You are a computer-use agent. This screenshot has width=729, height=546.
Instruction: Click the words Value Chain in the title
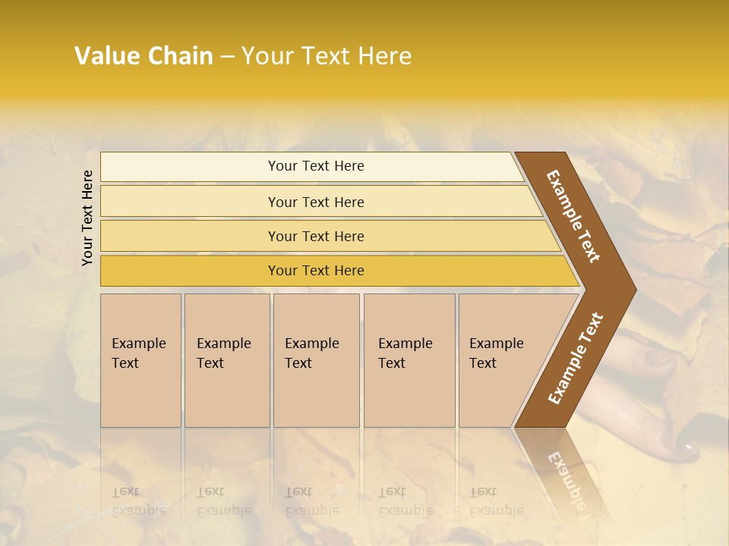point(144,56)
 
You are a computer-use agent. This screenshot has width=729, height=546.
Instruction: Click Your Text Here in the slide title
point(327,56)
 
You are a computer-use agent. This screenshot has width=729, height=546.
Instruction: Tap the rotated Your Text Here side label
point(87,218)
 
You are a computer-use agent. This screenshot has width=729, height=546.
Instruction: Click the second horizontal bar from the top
point(316,202)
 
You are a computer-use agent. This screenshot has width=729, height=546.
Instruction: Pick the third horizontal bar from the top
point(316,237)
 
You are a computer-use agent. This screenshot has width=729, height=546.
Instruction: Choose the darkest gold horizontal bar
point(316,271)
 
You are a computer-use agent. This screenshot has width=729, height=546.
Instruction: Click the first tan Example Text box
point(140,360)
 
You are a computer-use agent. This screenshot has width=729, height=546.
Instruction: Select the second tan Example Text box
point(226,360)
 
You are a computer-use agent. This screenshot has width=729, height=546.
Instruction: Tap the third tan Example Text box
point(315,360)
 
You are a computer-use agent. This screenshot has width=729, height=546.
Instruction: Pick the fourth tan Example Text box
point(409,360)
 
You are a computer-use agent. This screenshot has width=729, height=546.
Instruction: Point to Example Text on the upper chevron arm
point(574,216)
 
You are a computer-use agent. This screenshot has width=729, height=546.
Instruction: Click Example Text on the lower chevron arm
point(576,358)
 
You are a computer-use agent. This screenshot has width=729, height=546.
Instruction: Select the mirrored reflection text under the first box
point(138,501)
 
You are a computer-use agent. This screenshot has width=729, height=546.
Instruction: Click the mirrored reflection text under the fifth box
point(496,501)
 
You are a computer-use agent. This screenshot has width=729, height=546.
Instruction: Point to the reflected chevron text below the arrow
point(568,482)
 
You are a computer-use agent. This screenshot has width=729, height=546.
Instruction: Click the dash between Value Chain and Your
point(227,57)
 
